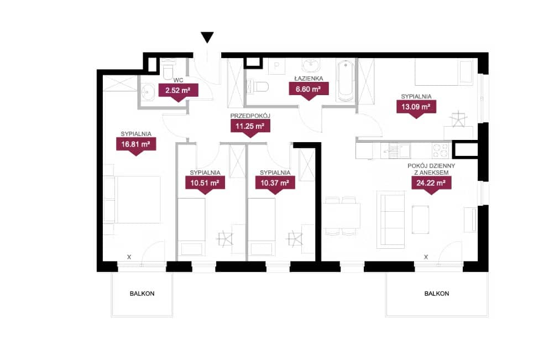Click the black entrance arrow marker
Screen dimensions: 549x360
[x=207, y=37]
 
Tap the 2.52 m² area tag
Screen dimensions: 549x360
[x=178, y=92]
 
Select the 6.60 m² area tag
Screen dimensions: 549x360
[x=309, y=91]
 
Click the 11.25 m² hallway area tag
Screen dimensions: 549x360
[x=250, y=128]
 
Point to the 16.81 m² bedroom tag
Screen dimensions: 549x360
[x=136, y=146]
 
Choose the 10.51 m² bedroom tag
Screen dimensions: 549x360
[x=205, y=185]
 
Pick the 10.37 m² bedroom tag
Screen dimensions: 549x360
[x=275, y=185]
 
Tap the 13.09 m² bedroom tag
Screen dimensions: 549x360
[x=416, y=109]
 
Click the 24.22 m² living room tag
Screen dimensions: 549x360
[x=431, y=185]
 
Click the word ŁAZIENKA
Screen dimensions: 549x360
[x=309, y=79]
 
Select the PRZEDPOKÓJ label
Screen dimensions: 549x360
[x=250, y=116]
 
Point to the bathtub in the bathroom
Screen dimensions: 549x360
[x=345, y=81]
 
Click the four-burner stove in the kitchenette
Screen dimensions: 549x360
[x=441, y=150]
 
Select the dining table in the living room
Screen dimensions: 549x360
[x=341, y=215]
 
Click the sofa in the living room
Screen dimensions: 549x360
[x=391, y=220]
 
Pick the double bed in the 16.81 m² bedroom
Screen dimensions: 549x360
[x=138, y=200]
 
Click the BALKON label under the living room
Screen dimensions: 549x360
[x=437, y=294]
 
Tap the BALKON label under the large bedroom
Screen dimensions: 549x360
[x=142, y=294]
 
